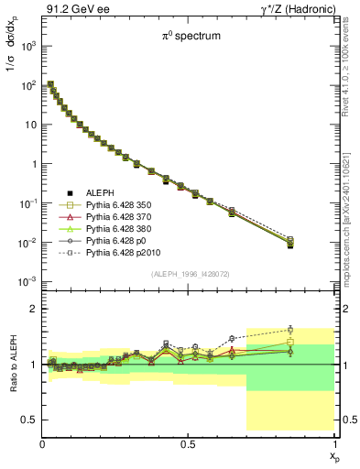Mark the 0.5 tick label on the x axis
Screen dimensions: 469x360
189,443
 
